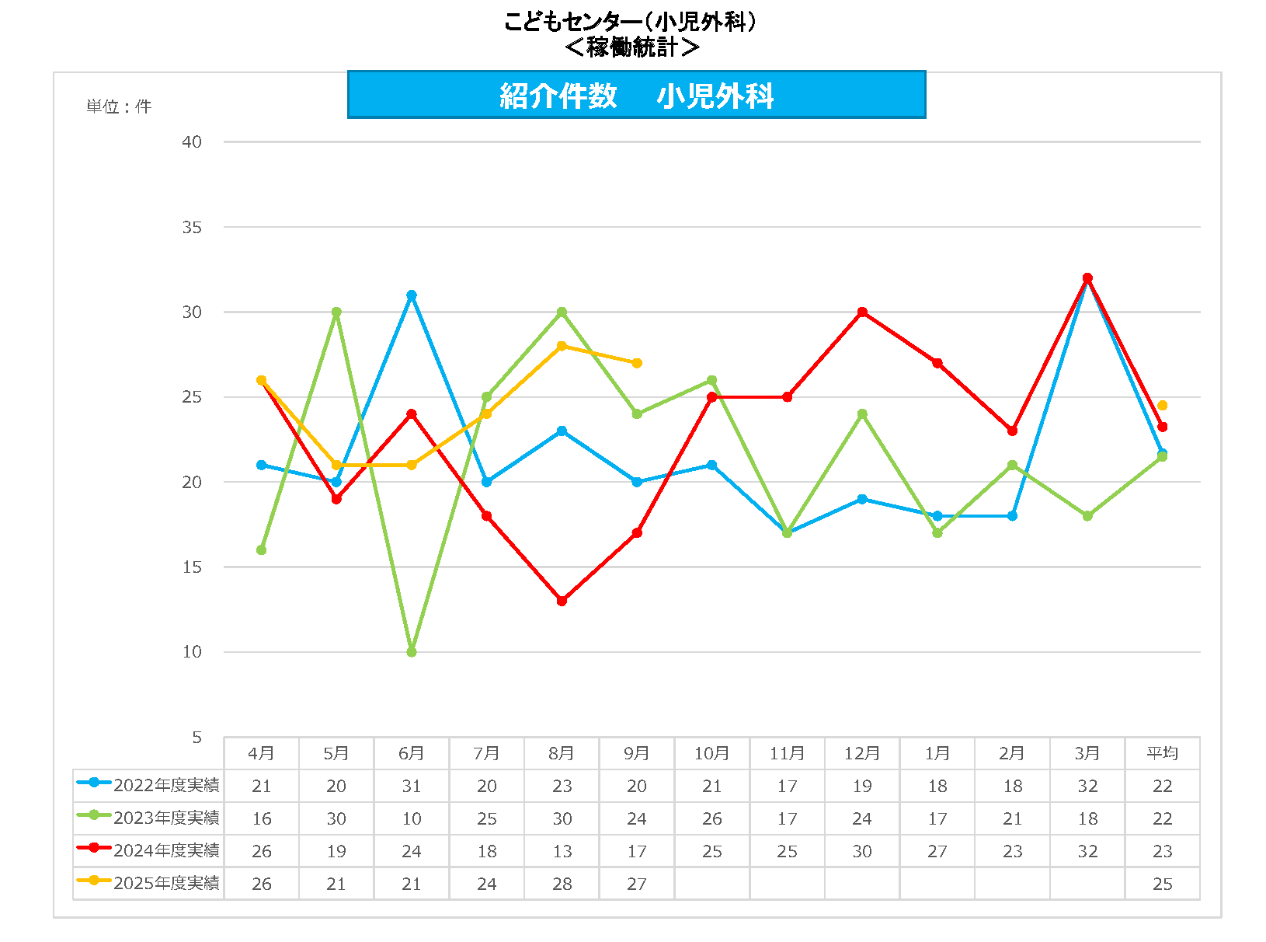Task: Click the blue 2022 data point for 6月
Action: (412, 295)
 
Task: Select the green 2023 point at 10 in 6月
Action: (412, 652)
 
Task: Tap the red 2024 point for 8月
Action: (562, 601)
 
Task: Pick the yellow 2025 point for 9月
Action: (637, 363)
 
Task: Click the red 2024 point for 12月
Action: (862, 312)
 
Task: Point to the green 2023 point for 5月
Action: (336, 312)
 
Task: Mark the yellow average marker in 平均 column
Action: (1162, 406)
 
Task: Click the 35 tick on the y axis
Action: (192, 228)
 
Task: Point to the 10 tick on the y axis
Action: (192, 652)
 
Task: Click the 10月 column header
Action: (711, 753)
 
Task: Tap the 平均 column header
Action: (1162, 753)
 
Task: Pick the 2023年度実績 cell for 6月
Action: (412, 818)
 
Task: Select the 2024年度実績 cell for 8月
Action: (562, 851)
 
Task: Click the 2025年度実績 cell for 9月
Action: (637, 884)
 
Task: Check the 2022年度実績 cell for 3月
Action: (1087, 786)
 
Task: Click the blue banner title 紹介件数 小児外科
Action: (636, 96)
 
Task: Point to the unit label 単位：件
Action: (119, 106)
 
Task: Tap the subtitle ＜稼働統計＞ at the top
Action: (631, 47)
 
